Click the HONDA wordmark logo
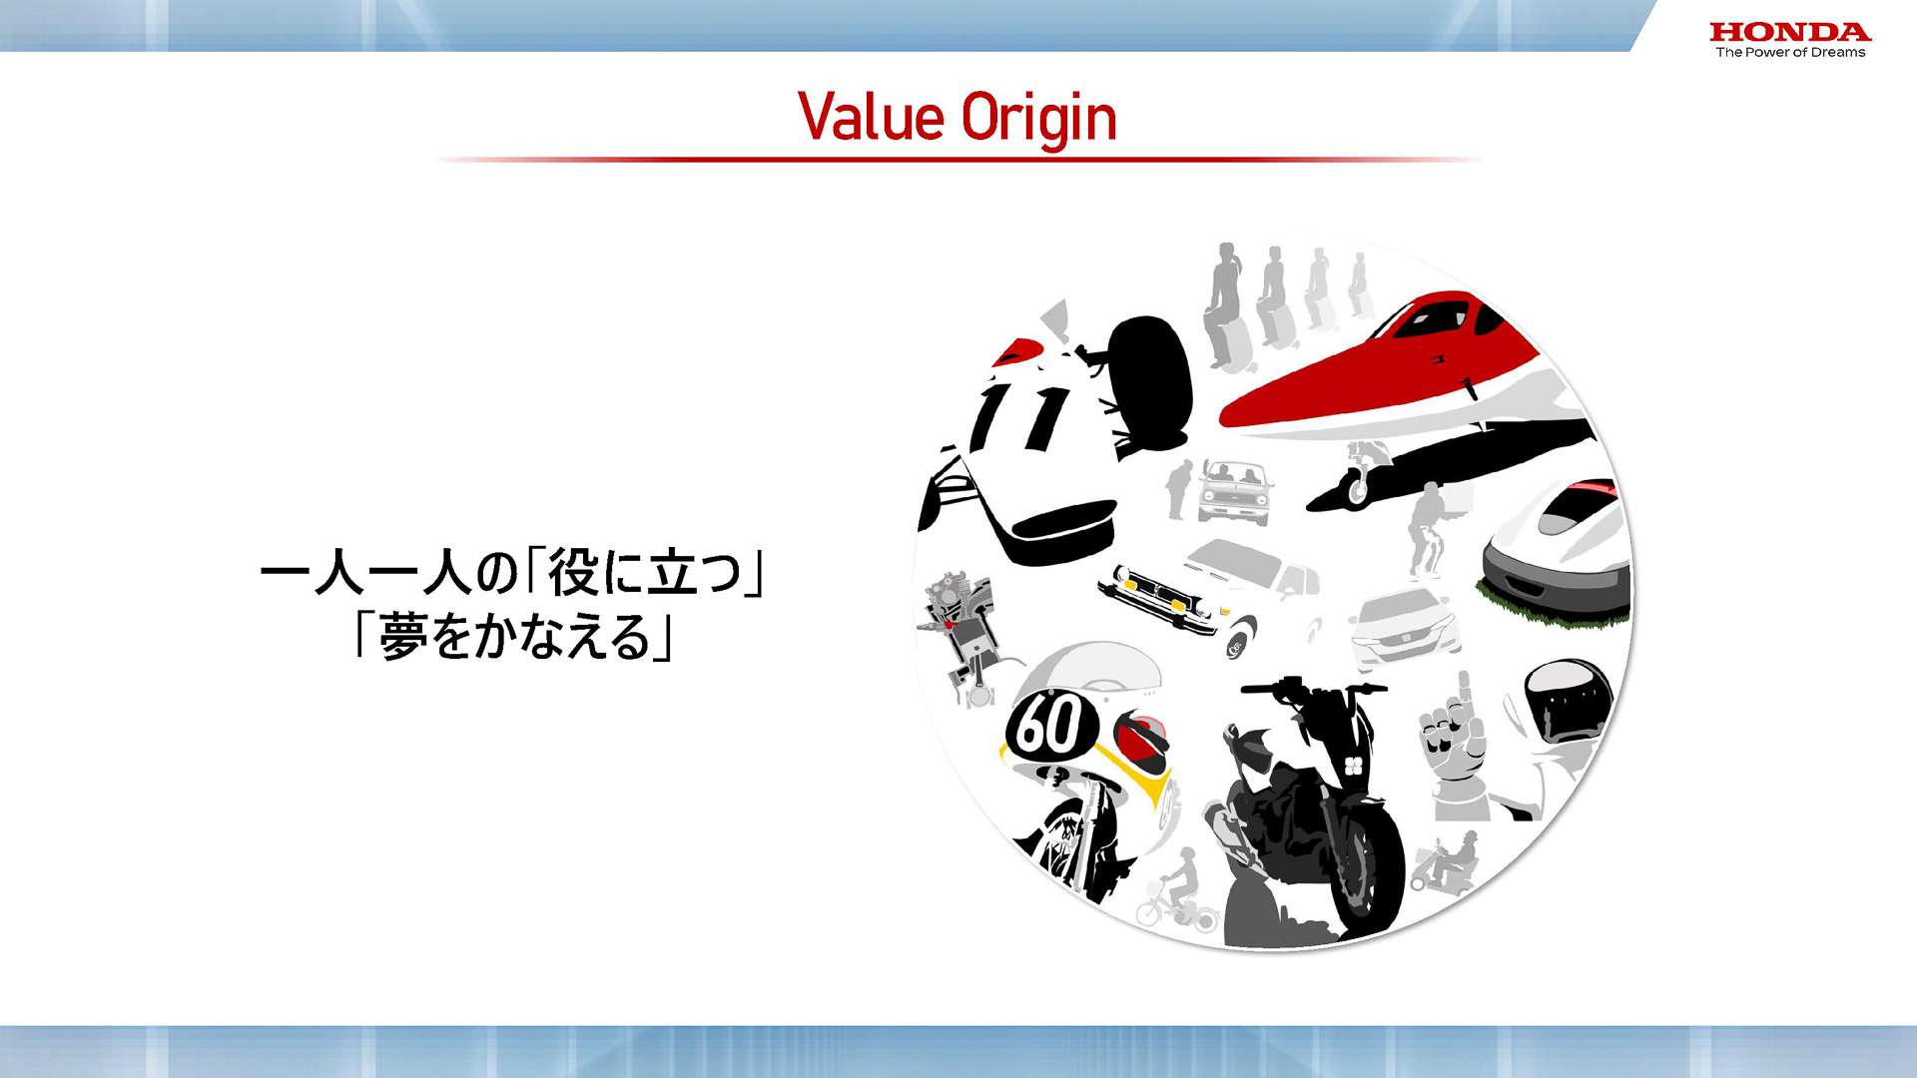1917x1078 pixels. [1789, 32]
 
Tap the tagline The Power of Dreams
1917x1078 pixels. [1790, 53]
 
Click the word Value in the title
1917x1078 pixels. [871, 118]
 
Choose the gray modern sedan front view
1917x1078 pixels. [1403, 629]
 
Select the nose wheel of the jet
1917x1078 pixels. [1358, 491]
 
